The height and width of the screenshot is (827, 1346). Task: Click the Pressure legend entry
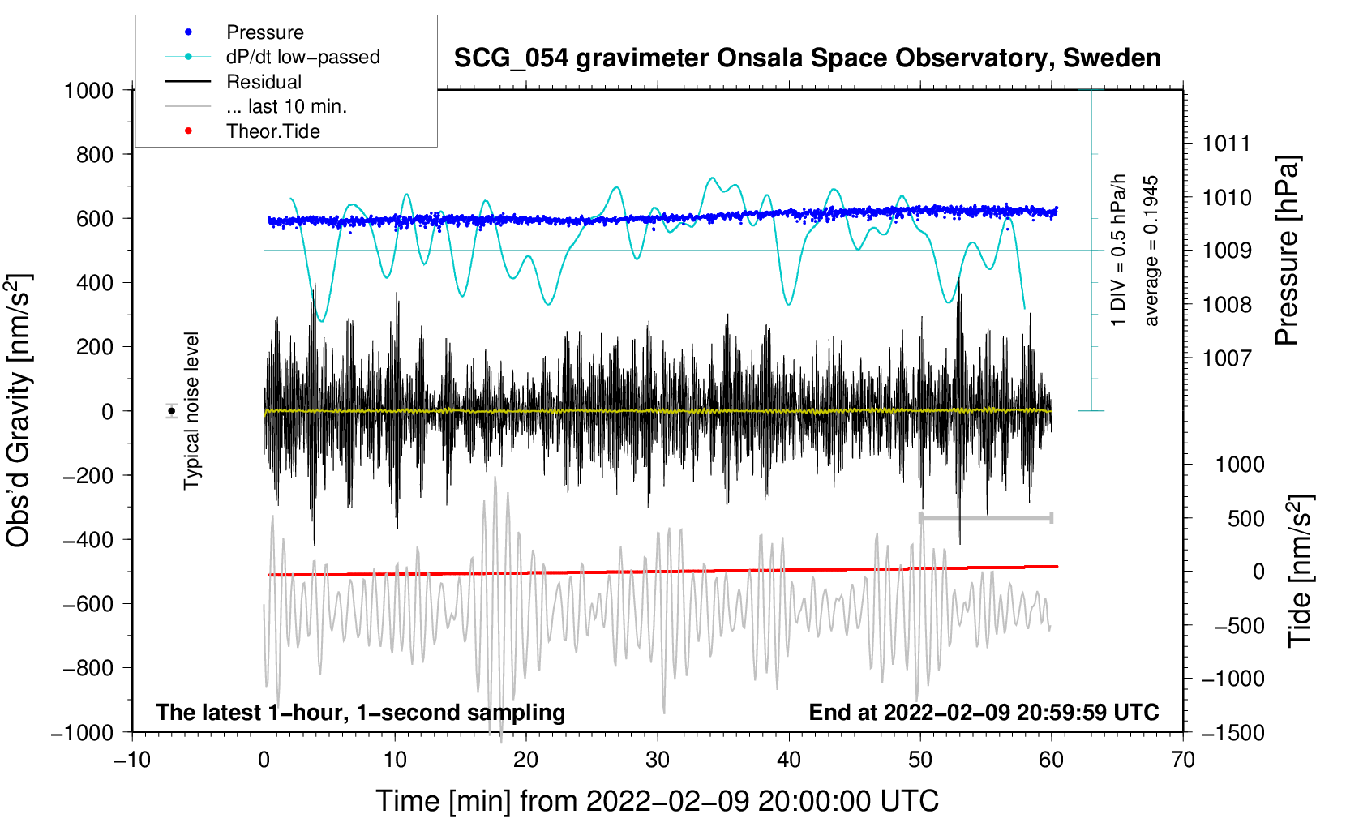[264, 32]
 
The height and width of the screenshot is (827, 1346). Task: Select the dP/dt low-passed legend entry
[302, 57]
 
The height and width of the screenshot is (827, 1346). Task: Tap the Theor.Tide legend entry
[272, 131]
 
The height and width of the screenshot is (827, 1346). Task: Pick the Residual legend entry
[264, 82]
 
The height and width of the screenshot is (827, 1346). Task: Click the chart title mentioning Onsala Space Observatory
[807, 58]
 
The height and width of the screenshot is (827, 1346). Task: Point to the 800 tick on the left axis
[94, 154]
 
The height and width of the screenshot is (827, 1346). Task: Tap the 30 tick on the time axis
[658, 760]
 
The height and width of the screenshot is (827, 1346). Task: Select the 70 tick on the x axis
[1183, 760]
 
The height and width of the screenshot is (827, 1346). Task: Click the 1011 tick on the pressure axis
[1227, 144]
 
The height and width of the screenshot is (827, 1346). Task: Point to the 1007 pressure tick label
[1227, 358]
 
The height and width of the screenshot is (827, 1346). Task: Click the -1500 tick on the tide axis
[1233, 732]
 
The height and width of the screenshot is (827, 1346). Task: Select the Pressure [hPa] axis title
[1287, 251]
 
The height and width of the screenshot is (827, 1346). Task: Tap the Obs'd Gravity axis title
[19, 410]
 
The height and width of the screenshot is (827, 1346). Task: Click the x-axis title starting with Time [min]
[657, 801]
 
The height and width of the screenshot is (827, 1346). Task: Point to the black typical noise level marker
[172, 411]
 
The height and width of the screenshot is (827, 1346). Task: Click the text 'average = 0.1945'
[1151, 251]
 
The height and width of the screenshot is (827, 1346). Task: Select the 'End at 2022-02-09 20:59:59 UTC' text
[984, 712]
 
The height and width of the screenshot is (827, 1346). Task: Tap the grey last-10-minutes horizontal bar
[986, 517]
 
